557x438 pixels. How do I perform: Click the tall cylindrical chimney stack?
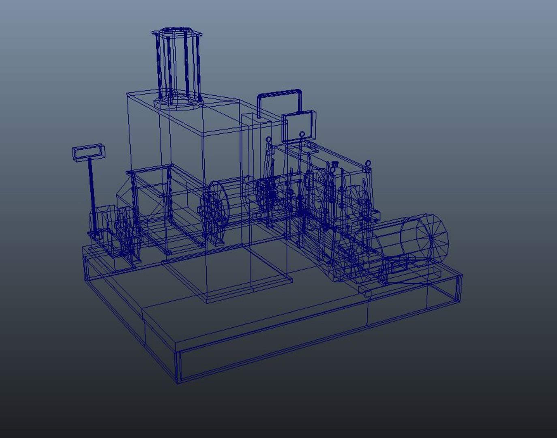point(178,65)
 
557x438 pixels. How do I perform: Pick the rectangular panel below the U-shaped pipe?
point(298,126)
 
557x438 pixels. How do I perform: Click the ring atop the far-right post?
point(368,163)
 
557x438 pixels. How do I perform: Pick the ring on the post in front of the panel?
point(302,135)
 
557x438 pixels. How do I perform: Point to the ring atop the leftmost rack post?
point(268,140)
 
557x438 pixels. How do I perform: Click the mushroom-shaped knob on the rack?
point(334,164)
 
